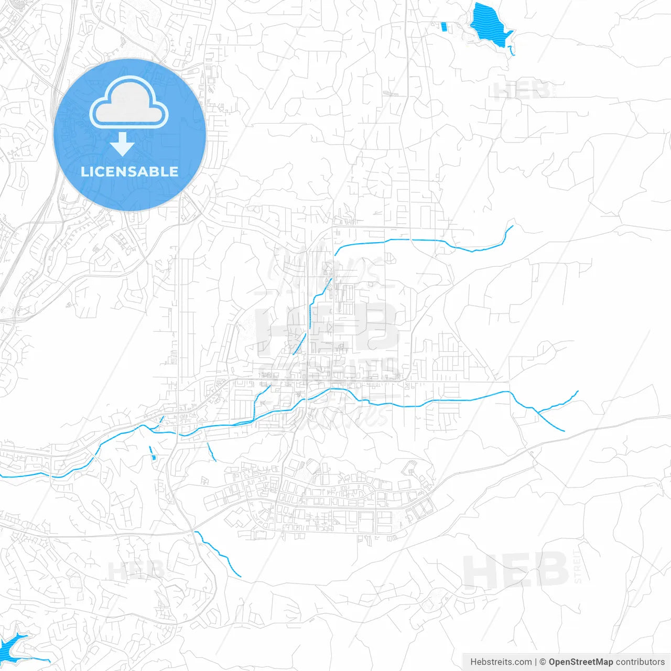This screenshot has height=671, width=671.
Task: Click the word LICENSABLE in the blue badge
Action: tap(129, 171)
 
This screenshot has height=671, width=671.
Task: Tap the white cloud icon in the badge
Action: tap(129, 103)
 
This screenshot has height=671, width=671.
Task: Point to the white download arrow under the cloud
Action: tap(122, 144)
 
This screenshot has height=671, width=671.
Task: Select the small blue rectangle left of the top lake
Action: tap(445, 26)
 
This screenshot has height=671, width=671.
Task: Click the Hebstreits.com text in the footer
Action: tap(501, 662)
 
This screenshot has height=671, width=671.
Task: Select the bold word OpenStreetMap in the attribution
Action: tap(580, 662)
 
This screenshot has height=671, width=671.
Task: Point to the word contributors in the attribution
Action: tap(640, 662)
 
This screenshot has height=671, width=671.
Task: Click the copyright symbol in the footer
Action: tap(543, 662)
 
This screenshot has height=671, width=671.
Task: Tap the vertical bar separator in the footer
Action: tap(535, 662)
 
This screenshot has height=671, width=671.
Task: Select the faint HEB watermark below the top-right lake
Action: tap(521, 90)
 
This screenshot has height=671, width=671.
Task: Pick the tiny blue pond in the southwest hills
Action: tap(153, 458)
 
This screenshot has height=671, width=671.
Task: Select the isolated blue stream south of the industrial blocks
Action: tap(218, 553)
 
